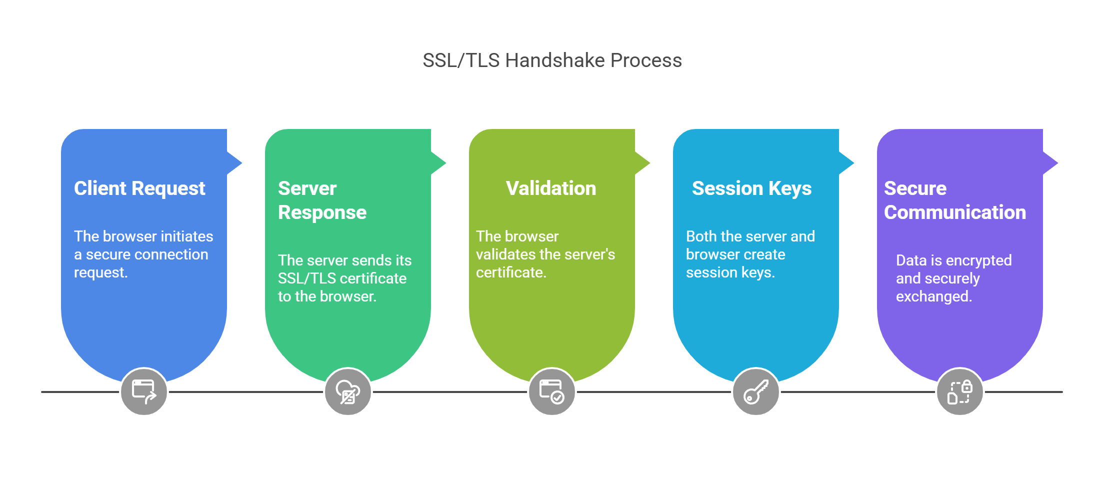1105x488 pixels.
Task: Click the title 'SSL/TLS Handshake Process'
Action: point(552,60)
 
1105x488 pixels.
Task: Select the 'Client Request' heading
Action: point(139,188)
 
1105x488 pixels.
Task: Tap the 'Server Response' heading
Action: point(322,200)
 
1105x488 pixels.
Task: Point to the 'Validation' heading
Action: point(551,188)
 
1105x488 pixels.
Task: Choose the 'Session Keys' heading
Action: point(751,189)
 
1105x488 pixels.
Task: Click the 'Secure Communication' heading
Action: point(955,200)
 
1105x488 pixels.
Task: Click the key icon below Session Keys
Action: point(756,391)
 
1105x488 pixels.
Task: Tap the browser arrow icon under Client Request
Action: point(144,391)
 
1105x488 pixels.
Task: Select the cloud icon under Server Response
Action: point(348,391)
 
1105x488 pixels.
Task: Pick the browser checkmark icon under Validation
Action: point(552,391)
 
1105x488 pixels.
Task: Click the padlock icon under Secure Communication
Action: point(960,391)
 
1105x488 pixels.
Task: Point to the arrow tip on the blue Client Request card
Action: point(242,162)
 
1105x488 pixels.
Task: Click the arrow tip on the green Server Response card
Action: point(446,162)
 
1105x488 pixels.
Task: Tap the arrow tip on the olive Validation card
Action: point(650,162)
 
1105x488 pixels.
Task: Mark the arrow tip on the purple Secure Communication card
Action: point(1058,162)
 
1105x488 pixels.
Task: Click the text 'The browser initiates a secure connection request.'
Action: point(143,254)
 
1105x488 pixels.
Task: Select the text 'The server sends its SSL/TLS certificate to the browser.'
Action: point(344,278)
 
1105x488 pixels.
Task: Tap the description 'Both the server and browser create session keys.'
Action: point(750,254)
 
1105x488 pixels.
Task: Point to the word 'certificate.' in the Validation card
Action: point(511,272)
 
